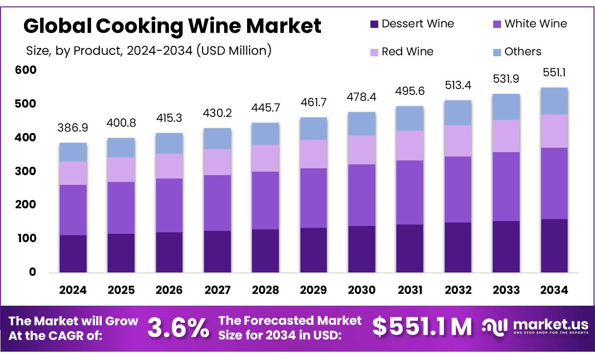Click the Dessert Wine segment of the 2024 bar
coord(73,253)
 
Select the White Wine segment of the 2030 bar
coord(362,195)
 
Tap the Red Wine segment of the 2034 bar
coord(554,131)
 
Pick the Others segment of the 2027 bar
coord(217,138)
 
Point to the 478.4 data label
coord(362,96)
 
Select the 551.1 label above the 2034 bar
coord(554,72)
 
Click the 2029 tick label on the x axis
coord(314,290)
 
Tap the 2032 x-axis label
coord(458,290)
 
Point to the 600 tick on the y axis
coord(26,70)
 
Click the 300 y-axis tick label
coord(26,171)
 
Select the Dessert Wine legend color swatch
coord(374,24)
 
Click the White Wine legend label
coord(535,23)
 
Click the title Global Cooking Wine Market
coord(172,26)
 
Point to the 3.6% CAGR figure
coord(178,328)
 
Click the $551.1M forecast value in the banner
coord(422,327)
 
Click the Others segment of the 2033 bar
coord(506,107)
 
